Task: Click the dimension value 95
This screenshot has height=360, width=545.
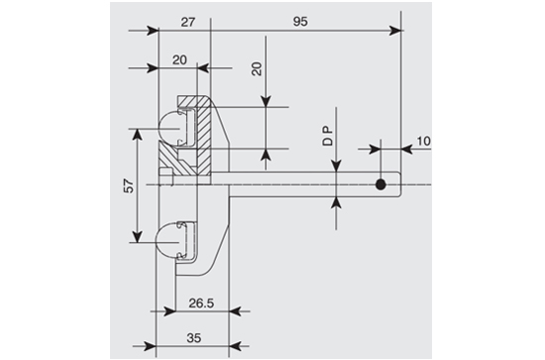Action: tap(300, 22)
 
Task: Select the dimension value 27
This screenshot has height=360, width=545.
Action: tap(188, 22)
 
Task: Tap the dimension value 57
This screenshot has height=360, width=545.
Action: tap(129, 186)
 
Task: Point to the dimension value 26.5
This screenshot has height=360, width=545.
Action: tap(201, 303)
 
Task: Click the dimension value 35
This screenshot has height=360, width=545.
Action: tap(194, 338)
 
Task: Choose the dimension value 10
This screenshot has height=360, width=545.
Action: tap(423, 141)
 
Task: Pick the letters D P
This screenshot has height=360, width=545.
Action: tap(328, 136)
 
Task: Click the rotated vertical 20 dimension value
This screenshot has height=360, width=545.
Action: tap(257, 68)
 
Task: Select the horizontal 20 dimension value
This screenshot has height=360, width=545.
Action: tap(179, 60)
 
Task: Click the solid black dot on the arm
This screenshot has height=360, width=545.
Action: tap(381, 184)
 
